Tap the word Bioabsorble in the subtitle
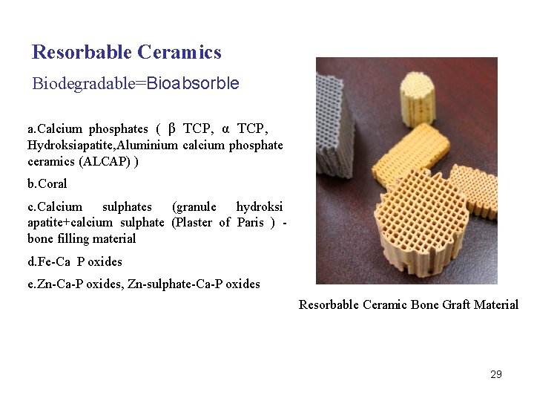click(x=193, y=83)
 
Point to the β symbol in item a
click(x=172, y=128)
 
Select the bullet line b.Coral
click(x=47, y=183)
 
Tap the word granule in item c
click(x=194, y=206)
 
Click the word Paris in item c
click(x=251, y=222)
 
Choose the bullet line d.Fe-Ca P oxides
click(x=75, y=261)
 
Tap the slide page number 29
click(x=496, y=374)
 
